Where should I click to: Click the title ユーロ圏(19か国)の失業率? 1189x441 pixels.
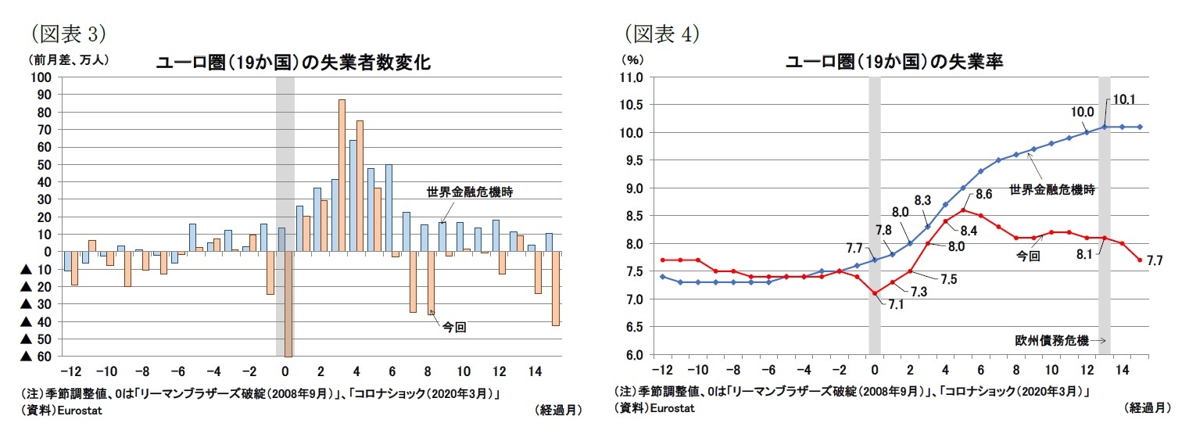(x=894, y=63)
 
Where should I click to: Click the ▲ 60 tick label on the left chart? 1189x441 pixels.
(x=36, y=357)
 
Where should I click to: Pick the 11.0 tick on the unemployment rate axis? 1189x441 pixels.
(x=631, y=77)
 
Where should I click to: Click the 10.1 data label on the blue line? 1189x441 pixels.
(x=1124, y=99)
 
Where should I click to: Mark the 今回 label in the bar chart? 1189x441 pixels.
(x=455, y=327)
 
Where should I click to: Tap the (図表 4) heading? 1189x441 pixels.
(x=661, y=34)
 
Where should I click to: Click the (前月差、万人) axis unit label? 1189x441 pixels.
(x=70, y=59)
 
